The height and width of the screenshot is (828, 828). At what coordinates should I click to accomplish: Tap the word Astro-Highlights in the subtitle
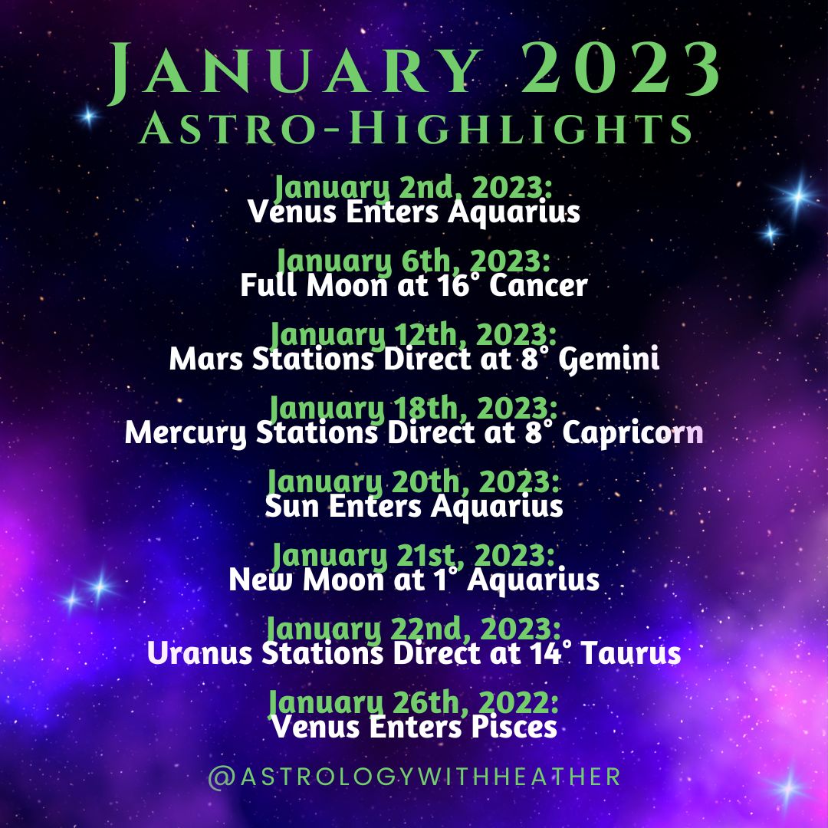tap(415, 128)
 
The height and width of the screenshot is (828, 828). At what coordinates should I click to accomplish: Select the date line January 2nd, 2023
tap(414, 187)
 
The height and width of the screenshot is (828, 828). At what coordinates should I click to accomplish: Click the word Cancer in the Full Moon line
tap(538, 285)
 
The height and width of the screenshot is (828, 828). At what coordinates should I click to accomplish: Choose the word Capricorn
tap(632, 434)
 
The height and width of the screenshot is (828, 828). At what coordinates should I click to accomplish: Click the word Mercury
tap(186, 434)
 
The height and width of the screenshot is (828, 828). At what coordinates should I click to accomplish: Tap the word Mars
tap(207, 359)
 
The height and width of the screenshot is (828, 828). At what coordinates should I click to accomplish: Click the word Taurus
tap(630, 652)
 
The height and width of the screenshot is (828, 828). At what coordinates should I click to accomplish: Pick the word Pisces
tap(514, 727)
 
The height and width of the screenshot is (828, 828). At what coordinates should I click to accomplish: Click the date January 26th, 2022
tap(414, 702)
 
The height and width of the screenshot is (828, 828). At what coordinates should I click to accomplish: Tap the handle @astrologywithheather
tap(414, 777)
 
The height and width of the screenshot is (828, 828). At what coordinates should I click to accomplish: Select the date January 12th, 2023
tap(414, 335)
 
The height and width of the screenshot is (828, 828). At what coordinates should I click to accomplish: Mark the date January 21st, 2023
tap(414, 556)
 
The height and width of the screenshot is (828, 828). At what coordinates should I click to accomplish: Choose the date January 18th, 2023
tap(414, 408)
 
